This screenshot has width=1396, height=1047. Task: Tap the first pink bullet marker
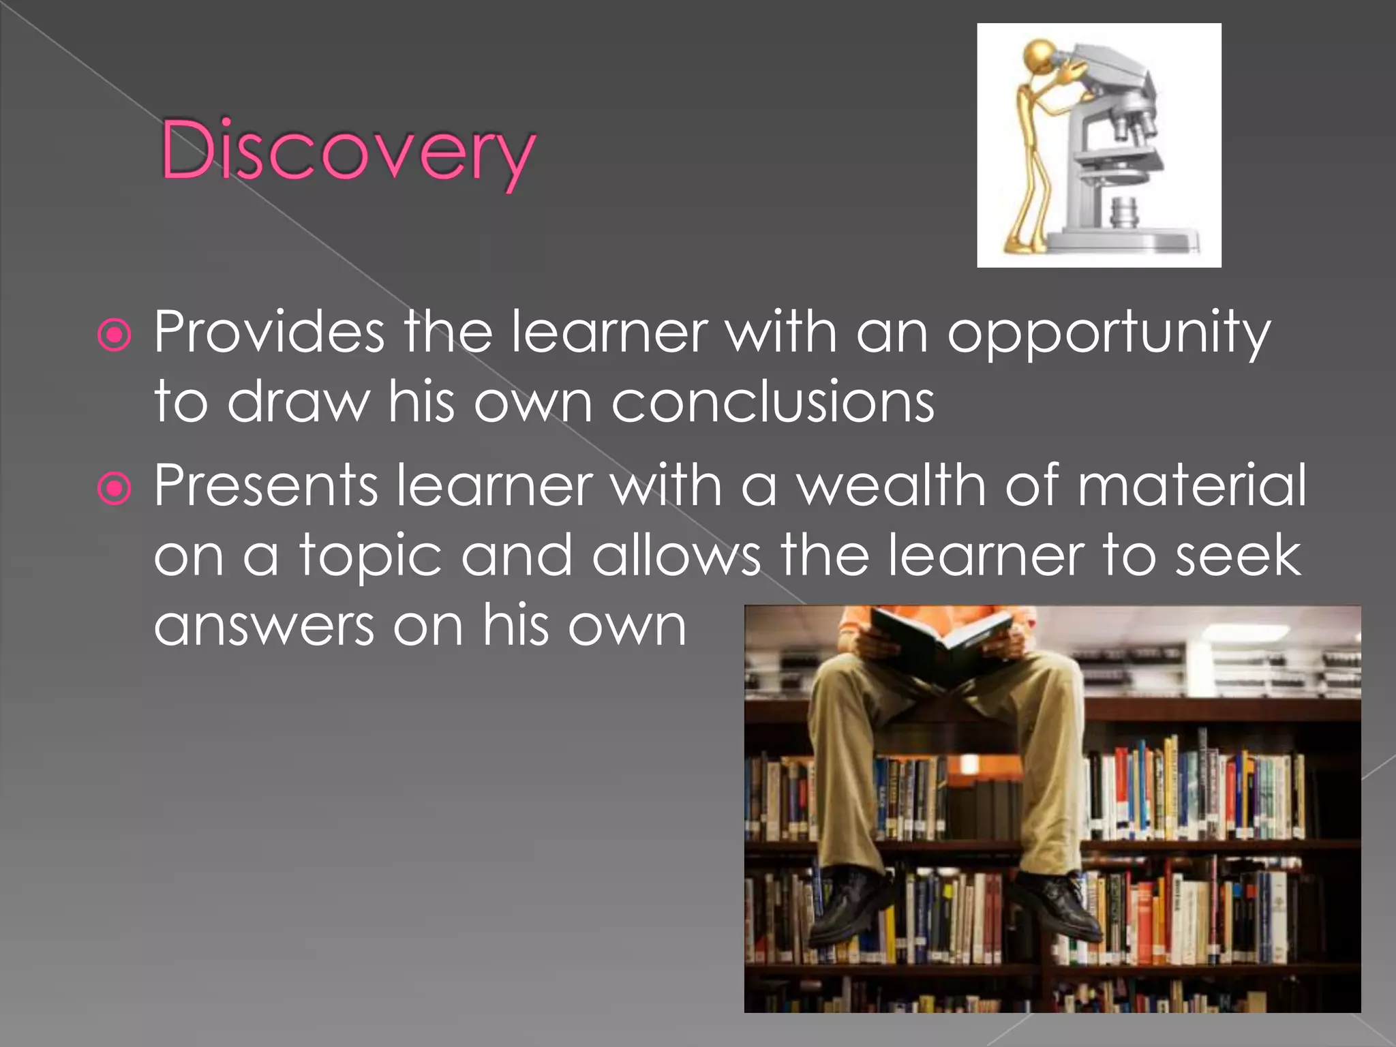click(115, 335)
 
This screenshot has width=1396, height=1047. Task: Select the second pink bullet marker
click(115, 488)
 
